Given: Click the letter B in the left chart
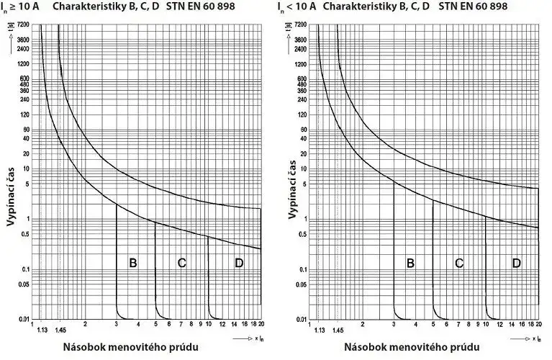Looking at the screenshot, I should tap(132, 263).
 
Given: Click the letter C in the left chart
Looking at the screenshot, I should tap(181, 263).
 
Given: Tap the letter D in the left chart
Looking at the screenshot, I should tap(239, 263).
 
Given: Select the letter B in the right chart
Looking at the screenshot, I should tap(410, 263).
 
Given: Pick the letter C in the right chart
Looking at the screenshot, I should tap(459, 263).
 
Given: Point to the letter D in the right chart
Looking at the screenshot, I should tap(516, 263).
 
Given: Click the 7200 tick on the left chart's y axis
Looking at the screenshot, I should tap(22, 25).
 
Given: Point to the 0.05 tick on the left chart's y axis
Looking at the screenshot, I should tap(23, 284).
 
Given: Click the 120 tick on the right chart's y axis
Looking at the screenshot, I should tap(302, 115).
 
